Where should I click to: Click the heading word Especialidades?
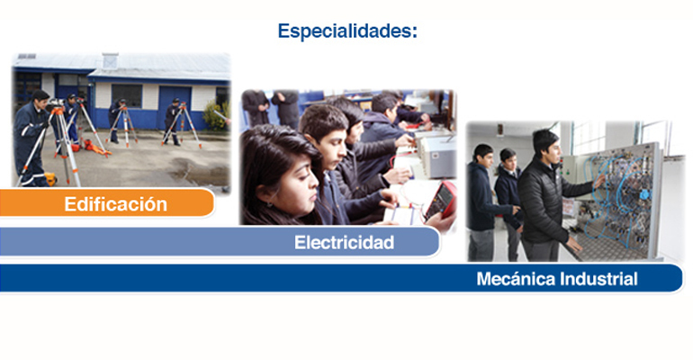346,31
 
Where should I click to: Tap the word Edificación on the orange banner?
116,204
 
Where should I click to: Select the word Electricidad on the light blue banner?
345,242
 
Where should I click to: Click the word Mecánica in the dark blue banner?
516,279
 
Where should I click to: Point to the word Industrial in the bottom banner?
598,279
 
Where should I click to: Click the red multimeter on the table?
441,200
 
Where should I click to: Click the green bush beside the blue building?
217,116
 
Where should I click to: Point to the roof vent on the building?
110,60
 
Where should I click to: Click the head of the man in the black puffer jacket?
546,144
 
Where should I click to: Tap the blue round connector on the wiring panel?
644,194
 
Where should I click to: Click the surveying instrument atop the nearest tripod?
55,104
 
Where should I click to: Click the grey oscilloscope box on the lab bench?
437,157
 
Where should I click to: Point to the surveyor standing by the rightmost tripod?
173,121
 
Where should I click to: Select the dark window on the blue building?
127,96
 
